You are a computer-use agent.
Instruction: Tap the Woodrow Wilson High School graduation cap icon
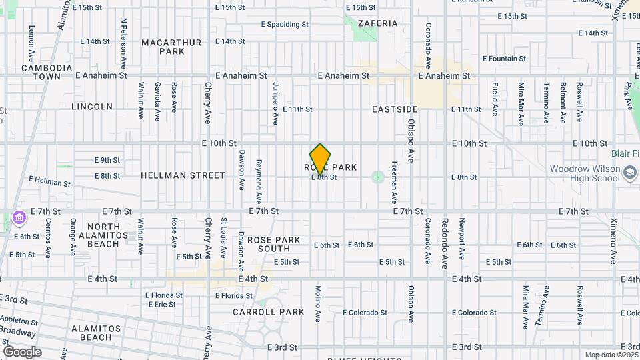click(x=630, y=174)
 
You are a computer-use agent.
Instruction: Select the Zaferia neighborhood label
click(x=377, y=23)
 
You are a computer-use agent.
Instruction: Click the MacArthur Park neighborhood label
click(x=172, y=47)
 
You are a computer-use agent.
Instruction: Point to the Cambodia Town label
click(x=47, y=72)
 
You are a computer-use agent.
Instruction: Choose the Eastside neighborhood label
click(x=395, y=109)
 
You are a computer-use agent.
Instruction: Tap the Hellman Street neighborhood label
click(x=183, y=175)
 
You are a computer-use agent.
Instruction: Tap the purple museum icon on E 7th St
click(x=18, y=217)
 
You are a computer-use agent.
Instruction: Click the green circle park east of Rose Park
click(x=378, y=177)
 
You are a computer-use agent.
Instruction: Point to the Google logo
click(x=22, y=352)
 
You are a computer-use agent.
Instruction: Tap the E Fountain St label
click(x=503, y=59)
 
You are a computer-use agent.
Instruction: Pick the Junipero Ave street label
click(x=275, y=103)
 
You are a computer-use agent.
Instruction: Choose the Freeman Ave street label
click(x=395, y=182)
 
